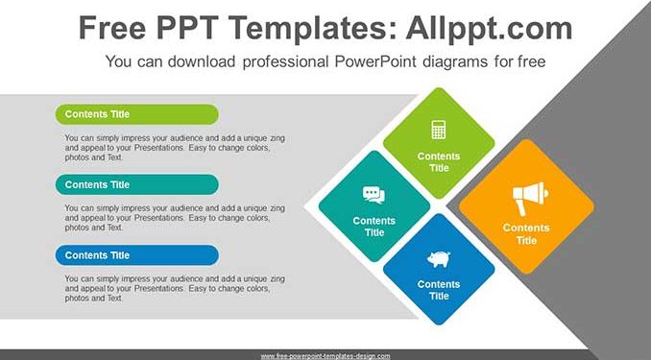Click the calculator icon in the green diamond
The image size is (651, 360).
coord(439,130)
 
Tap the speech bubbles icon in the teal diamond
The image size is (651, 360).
coord(374,195)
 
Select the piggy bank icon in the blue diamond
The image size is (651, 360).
coord(439,258)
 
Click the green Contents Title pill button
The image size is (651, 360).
coord(137,114)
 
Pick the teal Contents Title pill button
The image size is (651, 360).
coord(137,184)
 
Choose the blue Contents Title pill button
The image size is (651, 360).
coord(137,255)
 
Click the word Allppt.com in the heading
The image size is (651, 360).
coord(489,28)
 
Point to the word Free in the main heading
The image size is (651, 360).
coord(112,28)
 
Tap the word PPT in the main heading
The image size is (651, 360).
coord(188,28)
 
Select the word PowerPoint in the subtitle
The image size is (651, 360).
coord(375,61)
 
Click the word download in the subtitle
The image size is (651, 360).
coord(202,61)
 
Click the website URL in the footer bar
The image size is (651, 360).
coord(325,356)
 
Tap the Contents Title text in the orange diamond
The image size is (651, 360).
coord(526,234)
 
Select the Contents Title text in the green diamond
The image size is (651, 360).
coord(439,162)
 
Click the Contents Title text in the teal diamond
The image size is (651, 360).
coord(374,227)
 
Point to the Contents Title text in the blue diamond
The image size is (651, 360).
coord(439,290)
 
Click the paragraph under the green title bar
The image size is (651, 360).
coord(175,148)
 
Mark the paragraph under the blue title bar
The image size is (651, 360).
coord(175,288)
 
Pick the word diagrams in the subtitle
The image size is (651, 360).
coord(454,61)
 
